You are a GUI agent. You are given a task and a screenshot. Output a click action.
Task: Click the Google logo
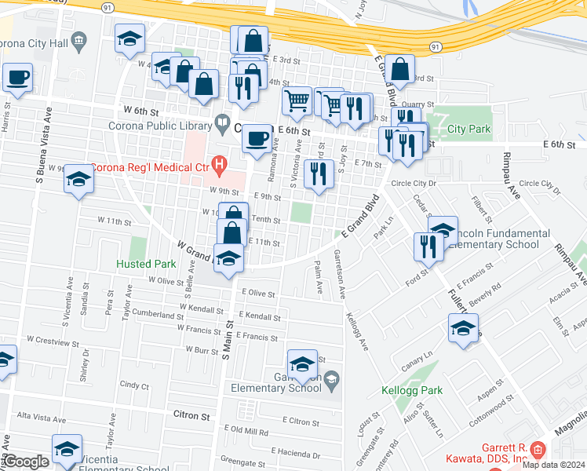coord(26,462)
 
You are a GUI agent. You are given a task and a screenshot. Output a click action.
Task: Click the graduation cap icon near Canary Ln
coord(463,327)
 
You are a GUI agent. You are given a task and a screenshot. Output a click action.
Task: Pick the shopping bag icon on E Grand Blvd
coord(400,69)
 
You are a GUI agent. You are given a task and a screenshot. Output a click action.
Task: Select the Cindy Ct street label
coord(134,385)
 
